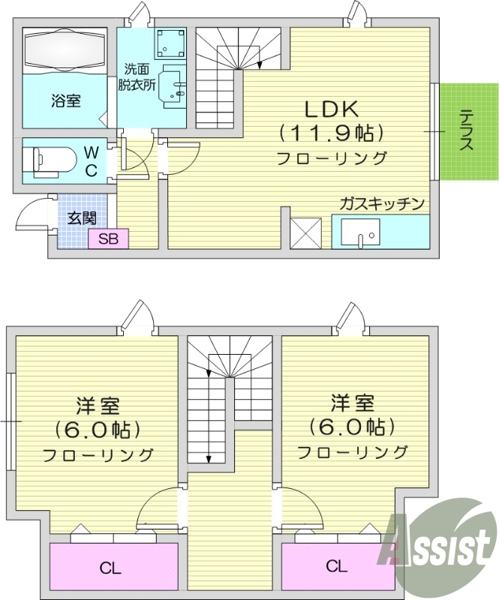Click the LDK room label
[x=331, y=109]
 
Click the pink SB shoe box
[x=109, y=239]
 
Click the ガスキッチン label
[x=383, y=203]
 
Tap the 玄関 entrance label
[x=82, y=218]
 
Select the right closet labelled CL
[x=336, y=565]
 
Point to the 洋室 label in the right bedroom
[x=352, y=403]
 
